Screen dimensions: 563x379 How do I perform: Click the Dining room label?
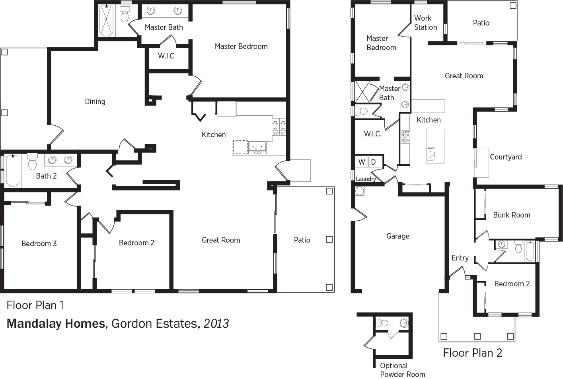(95, 102)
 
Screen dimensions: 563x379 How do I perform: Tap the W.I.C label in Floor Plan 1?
(166, 56)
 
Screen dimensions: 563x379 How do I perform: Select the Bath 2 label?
(46, 176)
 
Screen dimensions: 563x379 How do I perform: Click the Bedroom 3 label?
(39, 243)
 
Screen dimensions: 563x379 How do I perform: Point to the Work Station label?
(425, 23)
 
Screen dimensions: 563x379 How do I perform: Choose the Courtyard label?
(506, 157)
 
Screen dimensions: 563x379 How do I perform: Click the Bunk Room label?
(512, 215)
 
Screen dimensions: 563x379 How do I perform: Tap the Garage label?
(398, 236)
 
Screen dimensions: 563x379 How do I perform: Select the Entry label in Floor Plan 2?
(460, 258)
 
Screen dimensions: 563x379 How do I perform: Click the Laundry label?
(366, 179)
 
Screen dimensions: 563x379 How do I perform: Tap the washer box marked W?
(362, 162)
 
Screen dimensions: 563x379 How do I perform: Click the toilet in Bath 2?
(32, 161)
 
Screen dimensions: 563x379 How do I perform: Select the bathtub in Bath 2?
(13, 171)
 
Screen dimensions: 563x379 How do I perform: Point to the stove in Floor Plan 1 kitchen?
(279, 127)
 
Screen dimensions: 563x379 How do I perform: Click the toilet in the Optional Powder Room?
(382, 323)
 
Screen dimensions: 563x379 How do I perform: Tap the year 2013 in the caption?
(216, 323)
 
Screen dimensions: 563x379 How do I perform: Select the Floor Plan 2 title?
(473, 353)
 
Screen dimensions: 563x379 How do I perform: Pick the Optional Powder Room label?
(403, 370)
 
